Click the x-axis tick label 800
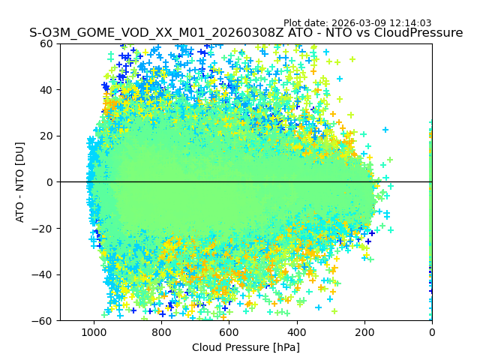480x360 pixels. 161,331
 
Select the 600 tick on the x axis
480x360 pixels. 229,331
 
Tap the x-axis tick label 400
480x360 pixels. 296,331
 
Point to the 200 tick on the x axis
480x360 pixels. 364,331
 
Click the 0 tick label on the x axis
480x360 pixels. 431,331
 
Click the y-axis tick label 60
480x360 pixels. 45,43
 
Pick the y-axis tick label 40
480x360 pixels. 45,90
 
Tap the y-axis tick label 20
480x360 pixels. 45,136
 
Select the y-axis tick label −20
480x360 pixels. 42,229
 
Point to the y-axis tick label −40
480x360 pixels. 42,274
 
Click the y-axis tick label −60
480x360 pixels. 42,321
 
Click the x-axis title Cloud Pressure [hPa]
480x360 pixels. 246,347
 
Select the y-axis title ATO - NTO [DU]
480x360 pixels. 20,182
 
